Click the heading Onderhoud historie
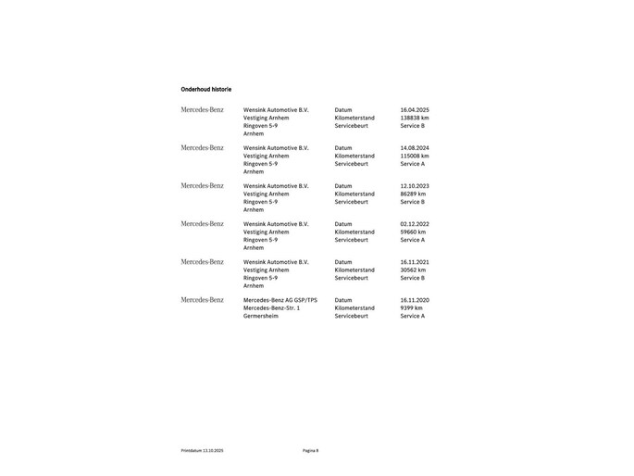[x=205, y=89]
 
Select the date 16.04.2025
[x=415, y=110]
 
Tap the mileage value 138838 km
[x=415, y=118]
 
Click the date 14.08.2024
[x=415, y=148]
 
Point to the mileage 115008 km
[x=415, y=156]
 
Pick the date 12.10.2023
[x=415, y=186]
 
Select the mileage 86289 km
[x=413, y=194]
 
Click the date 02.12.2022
[x=415, y=224]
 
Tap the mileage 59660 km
[x=413, y=232]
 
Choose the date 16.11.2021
[x=415, y=262]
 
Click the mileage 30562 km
[x=413, y=269]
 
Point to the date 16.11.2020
[x=415, y=300]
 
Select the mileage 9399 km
[x=411, y=307]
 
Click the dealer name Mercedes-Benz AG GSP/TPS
[x=280, y=300]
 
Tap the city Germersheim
[x=260, y=316]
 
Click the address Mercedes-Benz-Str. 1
[x=271, y=307]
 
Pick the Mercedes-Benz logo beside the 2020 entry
[x=202, y=300]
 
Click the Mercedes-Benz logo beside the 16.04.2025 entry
[x=202, y=110]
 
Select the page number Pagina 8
[x=310, y=450]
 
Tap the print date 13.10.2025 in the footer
[x=213, y=450]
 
